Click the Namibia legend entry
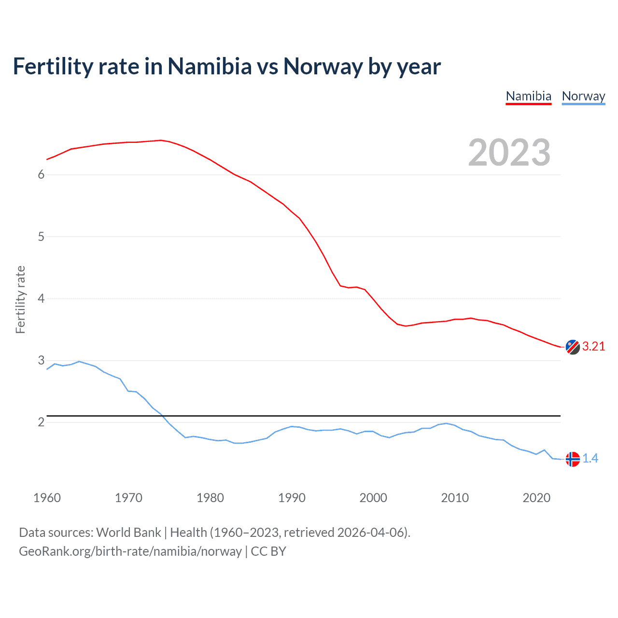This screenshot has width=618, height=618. point(528,96)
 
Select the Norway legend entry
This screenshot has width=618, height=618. point(583,96)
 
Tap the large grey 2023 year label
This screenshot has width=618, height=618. point(509,153)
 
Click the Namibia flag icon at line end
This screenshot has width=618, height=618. point(572,347)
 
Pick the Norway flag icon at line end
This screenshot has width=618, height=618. point(572,459)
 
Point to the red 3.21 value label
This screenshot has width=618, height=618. point(593,347)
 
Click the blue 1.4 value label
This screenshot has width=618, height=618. point(590,459)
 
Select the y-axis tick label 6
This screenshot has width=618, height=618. point(41,175)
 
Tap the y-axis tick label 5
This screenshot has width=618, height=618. point(41,237)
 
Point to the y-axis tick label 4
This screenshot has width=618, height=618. point(41,298)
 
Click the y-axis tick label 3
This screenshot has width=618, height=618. point(41,360)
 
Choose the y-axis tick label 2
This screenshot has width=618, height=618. point(41,422)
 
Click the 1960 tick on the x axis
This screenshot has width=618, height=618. point(47,498)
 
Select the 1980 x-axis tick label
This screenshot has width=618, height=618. point(210,498)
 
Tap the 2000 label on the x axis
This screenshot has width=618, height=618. point(373,498)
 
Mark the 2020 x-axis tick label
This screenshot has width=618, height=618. point(536,498)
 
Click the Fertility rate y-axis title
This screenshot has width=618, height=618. point(20,299)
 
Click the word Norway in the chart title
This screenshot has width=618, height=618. point(323,67)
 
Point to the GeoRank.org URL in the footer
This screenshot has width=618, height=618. point(130,551)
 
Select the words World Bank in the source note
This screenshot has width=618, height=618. point(128,533)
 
